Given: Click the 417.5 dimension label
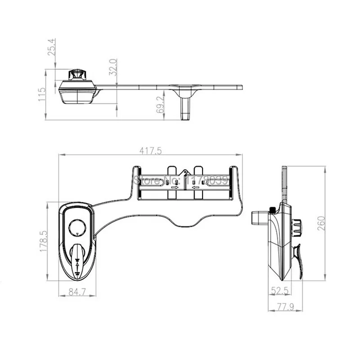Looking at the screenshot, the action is (x=151, y=151).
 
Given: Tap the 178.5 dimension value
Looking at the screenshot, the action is (x=44, y=241).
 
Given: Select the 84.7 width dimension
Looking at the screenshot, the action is (x=77, y=292).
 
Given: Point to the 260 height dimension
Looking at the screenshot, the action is (x=321, y=223).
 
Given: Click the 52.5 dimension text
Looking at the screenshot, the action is (x=279, y=291).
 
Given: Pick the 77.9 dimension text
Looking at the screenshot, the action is (x=285, y=307).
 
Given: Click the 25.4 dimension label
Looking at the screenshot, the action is (x=51, y=47).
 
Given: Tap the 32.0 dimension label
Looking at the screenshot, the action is (x=113, y=67).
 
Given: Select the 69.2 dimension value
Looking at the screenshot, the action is (x=160, y=104).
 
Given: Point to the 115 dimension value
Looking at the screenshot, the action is (x=42, y=94).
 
